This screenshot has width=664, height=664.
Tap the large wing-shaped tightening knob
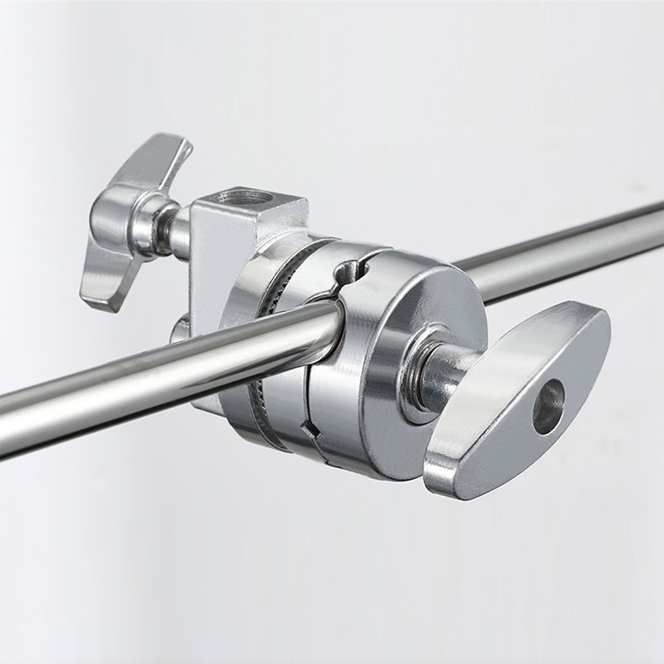[x=521, y=395]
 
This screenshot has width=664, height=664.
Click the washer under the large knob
[x=417, y=378]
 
